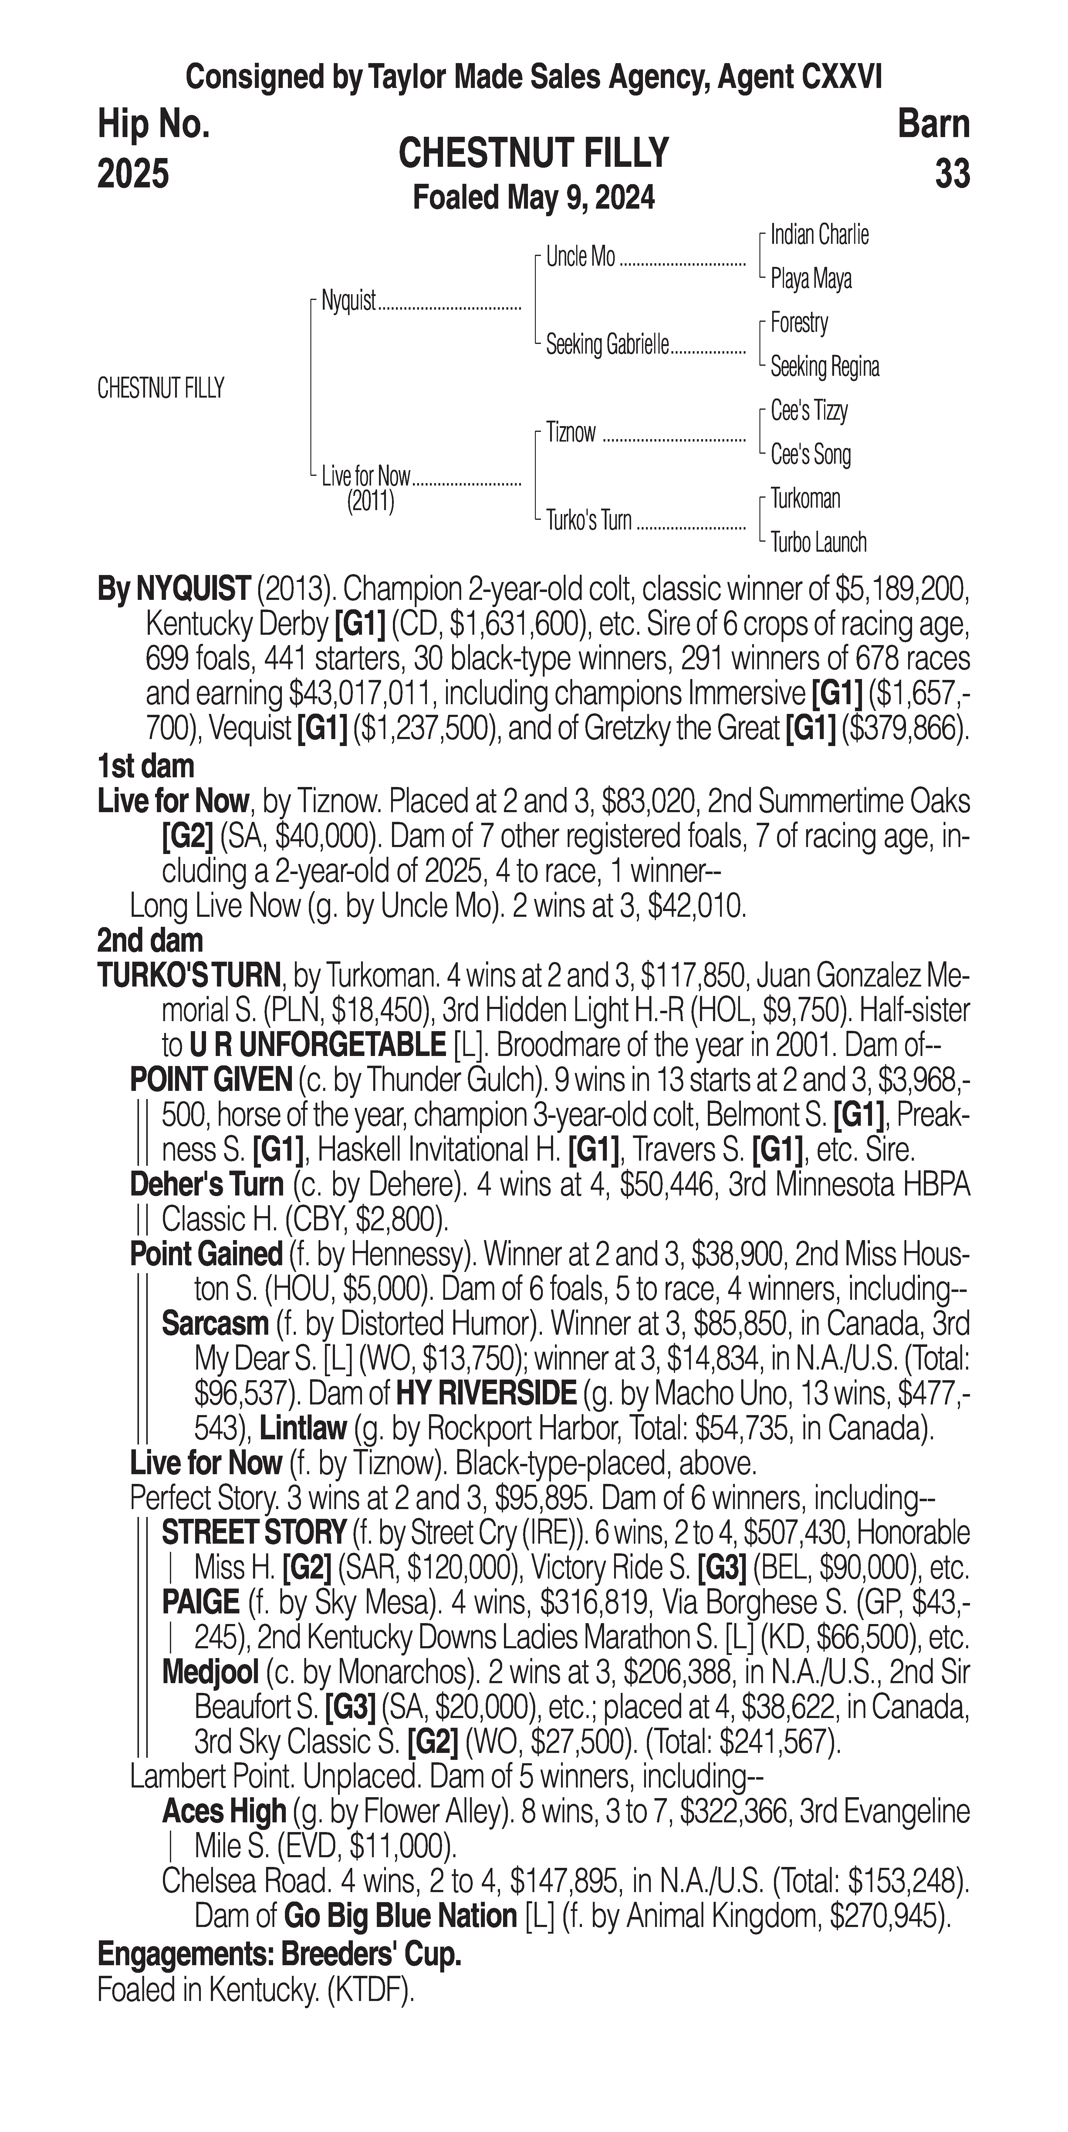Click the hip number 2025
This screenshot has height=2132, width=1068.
pos(133,174)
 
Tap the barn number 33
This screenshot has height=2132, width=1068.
pos(952,174)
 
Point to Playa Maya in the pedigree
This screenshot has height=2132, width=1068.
pos(810,279)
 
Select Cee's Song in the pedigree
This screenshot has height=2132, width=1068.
pos(810,454)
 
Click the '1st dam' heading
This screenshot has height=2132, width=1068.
pos(146,766)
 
